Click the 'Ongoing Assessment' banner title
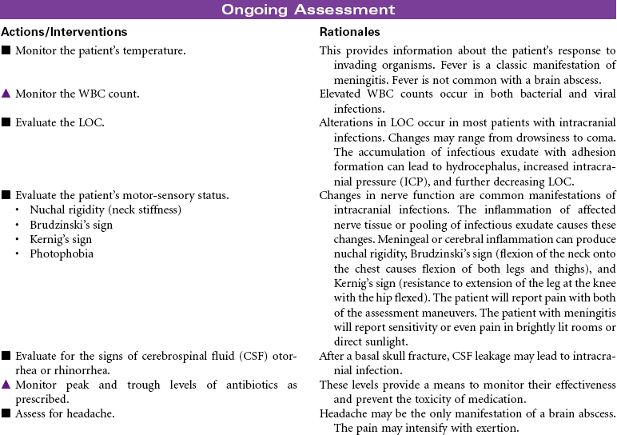point(308,10)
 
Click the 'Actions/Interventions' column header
point(64,32)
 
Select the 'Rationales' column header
point(349,32)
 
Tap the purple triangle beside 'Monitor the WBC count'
point(6,94)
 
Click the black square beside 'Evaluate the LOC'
point(6,122)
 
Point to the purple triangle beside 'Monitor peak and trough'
point(6,385)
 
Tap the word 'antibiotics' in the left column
point(245,385)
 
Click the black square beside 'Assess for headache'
point(6,413)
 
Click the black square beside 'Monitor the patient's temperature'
point(6,50)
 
